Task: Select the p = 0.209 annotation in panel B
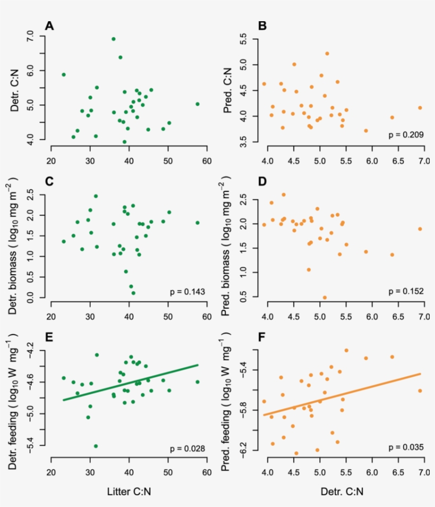click(x=406, y=135)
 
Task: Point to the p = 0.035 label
click(x=406, y=448)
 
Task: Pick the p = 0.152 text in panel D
click(x=406, y=291)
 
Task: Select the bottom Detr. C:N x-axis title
click(x=342, y=492)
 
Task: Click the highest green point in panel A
click(x=114, y=39)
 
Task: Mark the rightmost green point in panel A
click(x=197, y=104)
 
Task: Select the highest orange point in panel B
click(x=327, y=54)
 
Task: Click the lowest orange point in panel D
click(x=325, y=298)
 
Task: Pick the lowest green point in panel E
click(x=96, y=446)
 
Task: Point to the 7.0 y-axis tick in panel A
click(x=29, y=37)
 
